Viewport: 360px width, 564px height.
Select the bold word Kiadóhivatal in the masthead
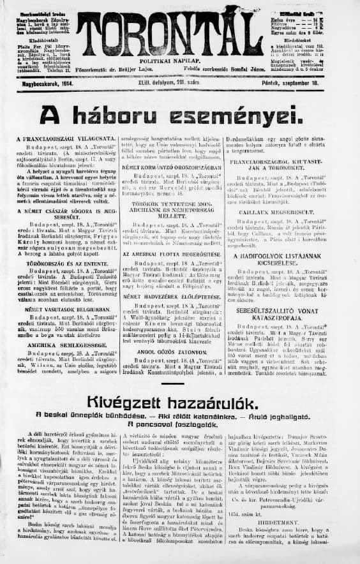pos(28,38)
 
